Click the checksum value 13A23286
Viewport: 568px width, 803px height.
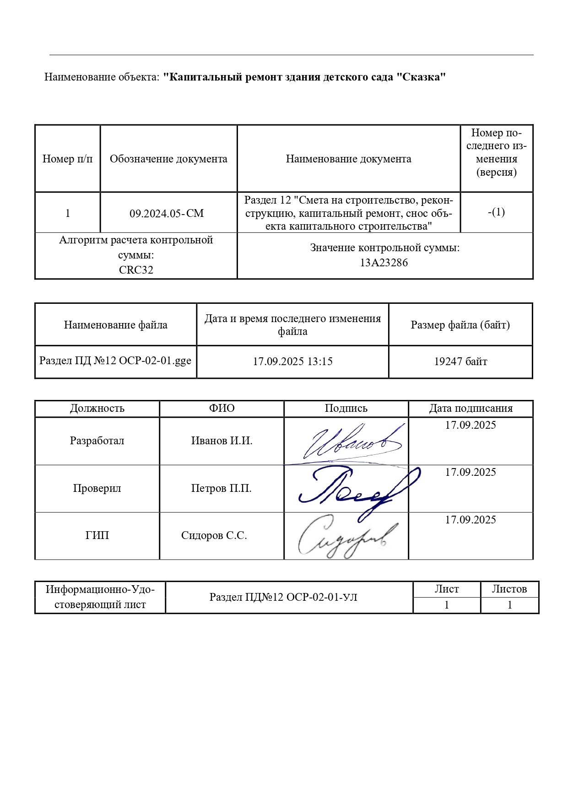pos(384,263)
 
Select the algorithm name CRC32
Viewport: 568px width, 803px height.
pos(136,270)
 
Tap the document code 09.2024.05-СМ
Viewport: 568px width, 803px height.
pos(167,213)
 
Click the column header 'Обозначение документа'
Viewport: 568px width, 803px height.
pos(168,159)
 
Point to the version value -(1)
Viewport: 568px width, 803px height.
pos(496,212)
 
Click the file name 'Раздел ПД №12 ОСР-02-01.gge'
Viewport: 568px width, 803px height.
pos(115,361)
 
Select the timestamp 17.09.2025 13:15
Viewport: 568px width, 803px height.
pos(292,361)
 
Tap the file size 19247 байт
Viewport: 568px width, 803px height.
pos(460,361)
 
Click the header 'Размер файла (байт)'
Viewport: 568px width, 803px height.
pos(460,325)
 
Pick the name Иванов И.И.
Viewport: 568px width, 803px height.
pos(222,441)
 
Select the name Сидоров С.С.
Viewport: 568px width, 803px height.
pos(214,535)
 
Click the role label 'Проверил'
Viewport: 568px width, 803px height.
pos(97,488)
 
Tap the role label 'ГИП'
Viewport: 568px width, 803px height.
pos(97,535)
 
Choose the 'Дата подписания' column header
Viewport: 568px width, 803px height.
pos(471,408)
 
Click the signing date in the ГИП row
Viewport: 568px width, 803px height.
pos(471,520)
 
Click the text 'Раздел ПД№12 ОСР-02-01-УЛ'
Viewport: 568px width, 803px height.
pos(283,597)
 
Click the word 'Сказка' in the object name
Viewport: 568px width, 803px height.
pos(422,77)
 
